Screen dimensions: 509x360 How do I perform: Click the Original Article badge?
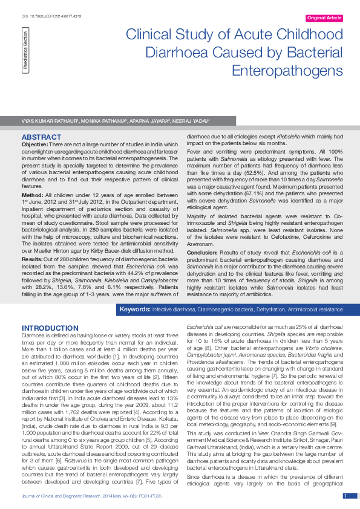pos(324,19)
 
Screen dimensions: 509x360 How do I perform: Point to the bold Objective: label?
pos(34,145)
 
